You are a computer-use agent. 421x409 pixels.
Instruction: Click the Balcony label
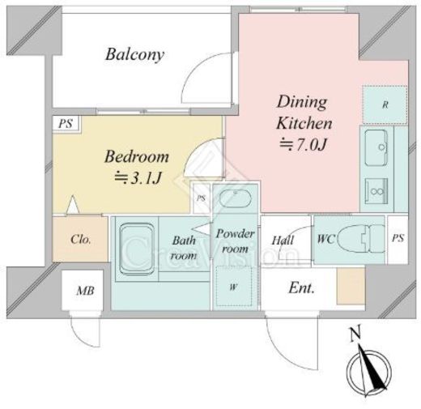click(x=134, y=55)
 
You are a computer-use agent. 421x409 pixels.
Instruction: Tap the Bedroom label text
click(x=137, y=156)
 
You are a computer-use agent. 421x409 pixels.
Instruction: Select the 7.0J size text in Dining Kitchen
click(x=304, y=145)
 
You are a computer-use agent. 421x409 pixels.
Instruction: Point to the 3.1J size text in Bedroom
click(x=138, y=178)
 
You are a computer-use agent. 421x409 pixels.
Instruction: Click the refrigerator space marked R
click(x=385, y=104)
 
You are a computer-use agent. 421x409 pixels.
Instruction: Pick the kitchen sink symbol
click(x=376, y=147)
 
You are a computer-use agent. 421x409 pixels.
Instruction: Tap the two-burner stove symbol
click(x=376, y=191)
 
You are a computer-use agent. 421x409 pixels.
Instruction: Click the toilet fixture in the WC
click(x=361, y=239)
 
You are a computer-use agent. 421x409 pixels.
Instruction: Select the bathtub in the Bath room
click(x=137, y=249)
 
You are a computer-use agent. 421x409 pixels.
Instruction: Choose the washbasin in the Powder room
click(x=236, y=198)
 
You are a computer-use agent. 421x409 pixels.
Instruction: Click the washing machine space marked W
click(x=234, y=286)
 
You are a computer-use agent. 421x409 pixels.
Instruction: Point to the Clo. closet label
click(x=81, y=239)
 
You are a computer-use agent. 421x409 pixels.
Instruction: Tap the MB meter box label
click(x=85, y=291)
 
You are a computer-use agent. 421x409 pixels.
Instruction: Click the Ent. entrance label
click(x=301, y=288)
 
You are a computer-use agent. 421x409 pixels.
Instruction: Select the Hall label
click(x=283, y=240)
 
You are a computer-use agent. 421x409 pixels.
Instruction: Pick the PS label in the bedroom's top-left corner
click(x=66, y=124)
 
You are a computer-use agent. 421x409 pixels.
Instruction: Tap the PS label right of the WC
click(x=398, y=238)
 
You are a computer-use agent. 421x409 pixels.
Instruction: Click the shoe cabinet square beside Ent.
click(x=351, y=287)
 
